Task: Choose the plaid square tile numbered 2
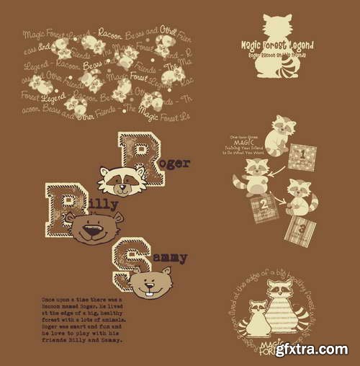tap(264, 208)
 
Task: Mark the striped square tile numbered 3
tap(299, 231)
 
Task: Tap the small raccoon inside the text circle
tap(255, 318)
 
